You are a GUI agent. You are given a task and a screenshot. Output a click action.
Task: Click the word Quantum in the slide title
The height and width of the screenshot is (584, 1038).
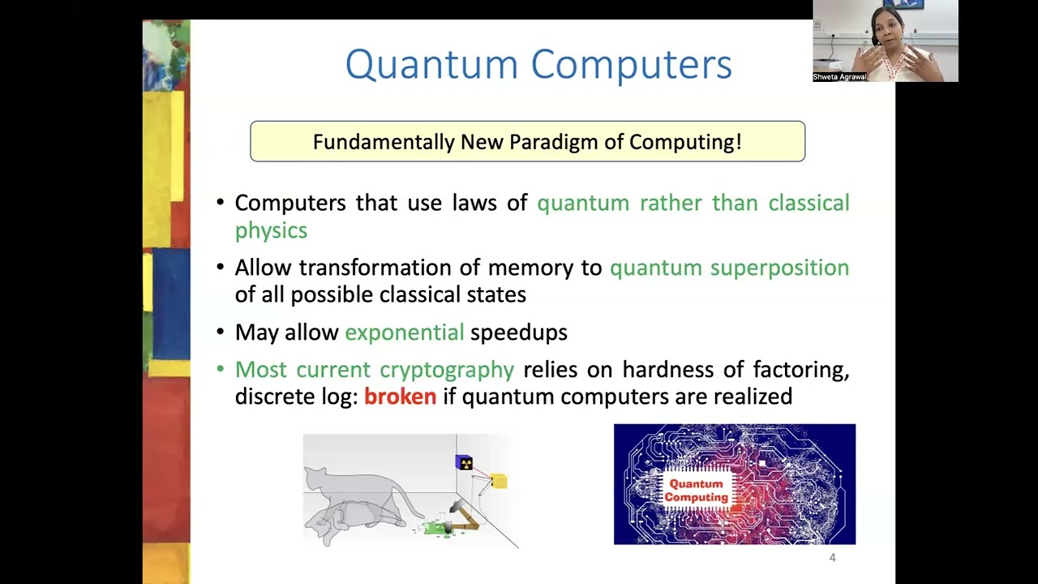(431, 65)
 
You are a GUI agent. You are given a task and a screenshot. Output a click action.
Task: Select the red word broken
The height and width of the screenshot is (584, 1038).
(400, 397)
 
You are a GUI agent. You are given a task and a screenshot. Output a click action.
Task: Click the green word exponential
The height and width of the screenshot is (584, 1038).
(404, 333)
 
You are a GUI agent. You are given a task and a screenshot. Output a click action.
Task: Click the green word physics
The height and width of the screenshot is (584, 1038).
(271, 230)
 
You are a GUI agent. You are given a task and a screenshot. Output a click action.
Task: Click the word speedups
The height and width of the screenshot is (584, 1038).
(519, 333)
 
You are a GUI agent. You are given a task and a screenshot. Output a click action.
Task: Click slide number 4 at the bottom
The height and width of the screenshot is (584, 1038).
(832, 557)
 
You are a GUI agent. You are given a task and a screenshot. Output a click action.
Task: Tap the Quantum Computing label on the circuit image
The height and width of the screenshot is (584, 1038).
(696, 491)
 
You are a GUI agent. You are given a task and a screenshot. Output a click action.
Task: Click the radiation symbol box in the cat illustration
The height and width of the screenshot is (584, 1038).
(465, 462)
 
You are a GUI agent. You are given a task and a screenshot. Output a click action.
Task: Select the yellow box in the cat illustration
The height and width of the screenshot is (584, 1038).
(499, 482)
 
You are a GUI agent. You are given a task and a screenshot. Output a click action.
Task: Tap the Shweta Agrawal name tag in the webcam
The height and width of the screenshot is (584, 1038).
(840, 77)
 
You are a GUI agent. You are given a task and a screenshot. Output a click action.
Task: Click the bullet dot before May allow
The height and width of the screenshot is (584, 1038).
(221, 333)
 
